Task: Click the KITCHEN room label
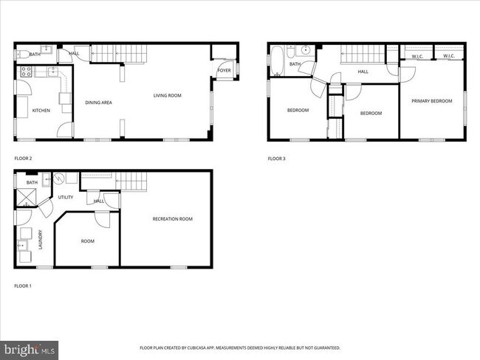pyautogui.click(x=41, y=111)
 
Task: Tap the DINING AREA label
pyautogui.click(x=98, y=103)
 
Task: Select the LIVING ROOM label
pyautogui.click(x=167, y=95)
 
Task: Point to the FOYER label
pyautogui.click(x=224, y=71)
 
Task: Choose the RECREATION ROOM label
pyautogui.click(x=172, y=218)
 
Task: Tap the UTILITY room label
pyautogui.click(x=66, y=197)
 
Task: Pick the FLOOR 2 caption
pyautogui.click(x=23, y=158)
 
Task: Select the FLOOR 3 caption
pyautogui.click(x=275, y=158)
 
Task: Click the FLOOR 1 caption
pyautogui.click(x=23, y=285)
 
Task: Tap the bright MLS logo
pyautogui.click(x=30, y=347)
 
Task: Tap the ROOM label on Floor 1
pyautogui.click(x=88, y=240)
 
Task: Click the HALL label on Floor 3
pyautogui.click(x=363, y=72)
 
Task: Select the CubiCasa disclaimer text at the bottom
pyautogui.click(x=240, y=347)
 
